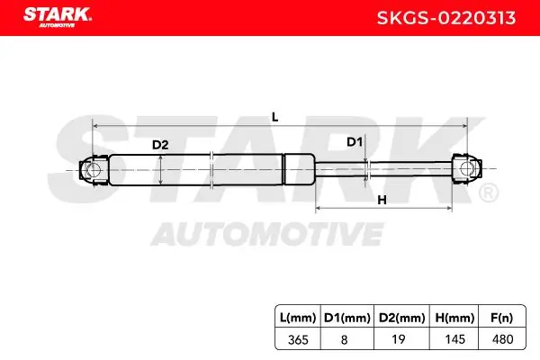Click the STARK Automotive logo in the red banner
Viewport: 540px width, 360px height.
click(58, 17)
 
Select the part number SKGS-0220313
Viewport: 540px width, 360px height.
click(446, 18)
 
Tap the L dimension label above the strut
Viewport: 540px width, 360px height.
click(274, 117)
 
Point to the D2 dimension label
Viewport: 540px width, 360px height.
click(160, 145)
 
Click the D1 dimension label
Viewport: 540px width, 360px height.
click(355, 142)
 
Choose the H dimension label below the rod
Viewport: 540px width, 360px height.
click(382, 200)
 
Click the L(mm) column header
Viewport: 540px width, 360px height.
click(298, 318)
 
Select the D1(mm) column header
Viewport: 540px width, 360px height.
click(347, 318)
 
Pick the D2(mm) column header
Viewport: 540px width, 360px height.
click(402, 318)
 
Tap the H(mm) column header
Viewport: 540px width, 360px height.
click(454, 318)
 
